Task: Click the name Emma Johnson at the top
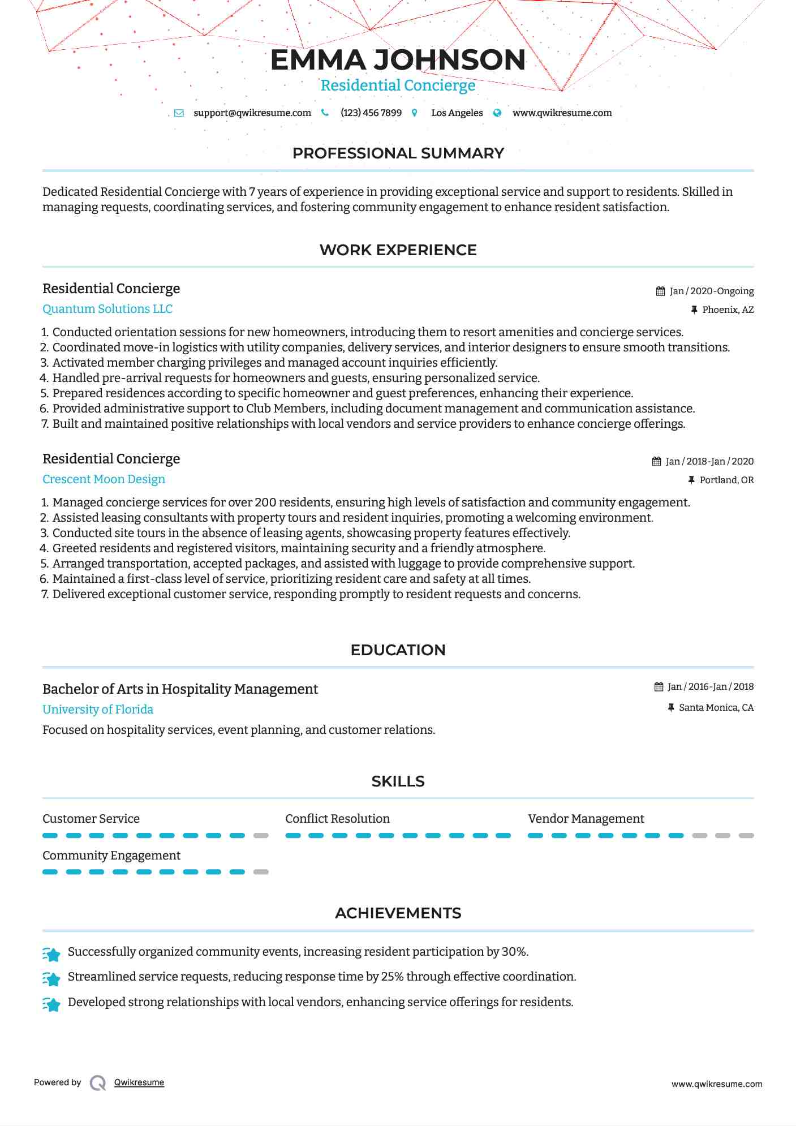click(398, 60)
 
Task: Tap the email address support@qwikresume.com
click(252, 113)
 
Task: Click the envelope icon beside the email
click(179, 113)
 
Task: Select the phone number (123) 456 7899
click(371, 113)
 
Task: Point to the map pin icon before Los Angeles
click(415, 113)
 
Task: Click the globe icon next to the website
click(497, 113)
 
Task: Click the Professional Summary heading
click(398, 153)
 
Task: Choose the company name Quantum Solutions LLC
click(107, 309)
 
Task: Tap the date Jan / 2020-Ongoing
click(712, 291)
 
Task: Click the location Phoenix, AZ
click(728, 310)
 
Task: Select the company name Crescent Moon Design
click(104, 479)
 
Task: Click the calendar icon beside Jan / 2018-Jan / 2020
click(656, 461)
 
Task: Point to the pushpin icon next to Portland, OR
click(691, 480)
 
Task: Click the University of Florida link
click(98, 710)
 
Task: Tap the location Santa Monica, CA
click(716, 707)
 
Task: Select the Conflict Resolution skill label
click(337, 819)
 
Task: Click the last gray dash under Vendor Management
click(746, 836)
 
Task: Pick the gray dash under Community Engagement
click(261, 872)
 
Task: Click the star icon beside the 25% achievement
click(51, 978)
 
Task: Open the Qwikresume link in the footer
click(139, 1082)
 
